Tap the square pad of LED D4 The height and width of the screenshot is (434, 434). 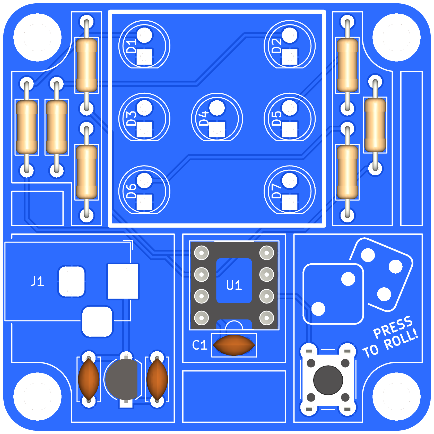[x=217, y=129]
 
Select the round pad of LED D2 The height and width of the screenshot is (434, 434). [x=290, y=35]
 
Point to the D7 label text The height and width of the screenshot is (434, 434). [x=277, y=191]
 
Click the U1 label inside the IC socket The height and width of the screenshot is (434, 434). [x=234, y=285]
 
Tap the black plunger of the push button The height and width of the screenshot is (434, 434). [x=328, y=380]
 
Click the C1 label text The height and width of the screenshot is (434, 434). [x=200, y=345]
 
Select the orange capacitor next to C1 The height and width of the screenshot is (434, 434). [x=234, y=345]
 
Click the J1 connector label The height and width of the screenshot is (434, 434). [x=37, y=281]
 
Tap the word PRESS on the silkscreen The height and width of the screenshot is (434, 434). [x=393, y=327]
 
